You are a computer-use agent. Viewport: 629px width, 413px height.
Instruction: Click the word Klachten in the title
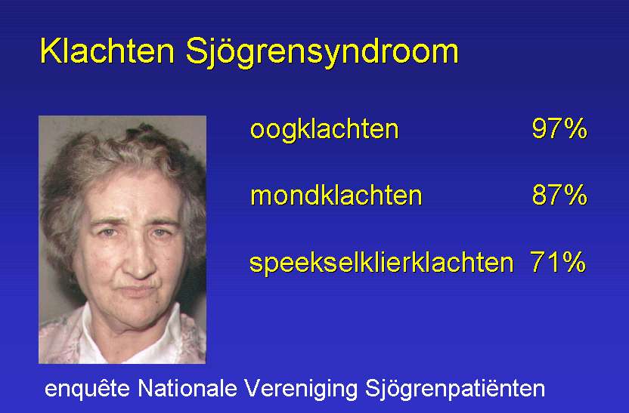click(107, 51)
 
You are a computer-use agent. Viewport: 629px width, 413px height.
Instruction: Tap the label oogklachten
click(324, 129)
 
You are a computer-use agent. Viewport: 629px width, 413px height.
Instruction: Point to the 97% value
click(559, 128)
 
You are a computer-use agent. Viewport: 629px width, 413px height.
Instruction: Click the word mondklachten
click(336, 195)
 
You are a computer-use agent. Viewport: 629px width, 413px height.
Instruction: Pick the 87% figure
click(559, 195)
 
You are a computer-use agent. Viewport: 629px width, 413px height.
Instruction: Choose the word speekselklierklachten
click(382, 263)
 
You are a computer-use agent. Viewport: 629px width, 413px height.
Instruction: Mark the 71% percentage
click(558, 261)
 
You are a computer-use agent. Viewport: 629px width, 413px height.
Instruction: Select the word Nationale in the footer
click(187, 388)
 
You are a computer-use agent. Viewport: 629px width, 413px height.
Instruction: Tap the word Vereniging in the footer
click(301, 390)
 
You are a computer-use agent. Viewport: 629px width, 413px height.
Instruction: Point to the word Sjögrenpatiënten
click(455, 390)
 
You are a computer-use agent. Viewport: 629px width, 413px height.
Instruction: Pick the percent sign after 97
click(574, 128)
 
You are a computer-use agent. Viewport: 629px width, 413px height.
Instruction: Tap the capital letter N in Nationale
click(146, 388)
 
